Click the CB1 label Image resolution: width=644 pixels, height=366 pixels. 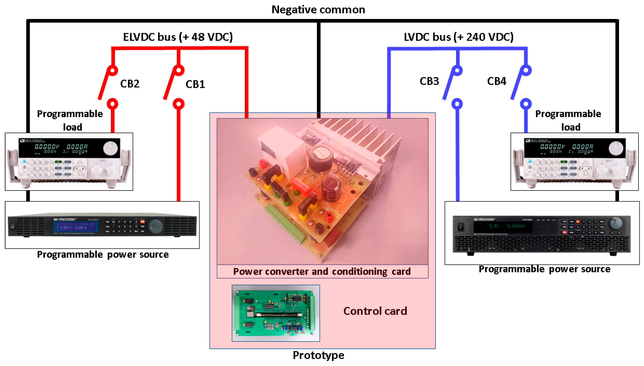click(x=195, y=84)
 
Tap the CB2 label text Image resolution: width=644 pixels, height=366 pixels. click(x=130, y=84)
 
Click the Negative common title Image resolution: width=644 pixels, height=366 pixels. click(x=318, y=9)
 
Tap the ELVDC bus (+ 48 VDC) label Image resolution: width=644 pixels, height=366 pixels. click(x=178, y=37)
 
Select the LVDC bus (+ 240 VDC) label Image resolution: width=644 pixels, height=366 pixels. click(x=458, y=37)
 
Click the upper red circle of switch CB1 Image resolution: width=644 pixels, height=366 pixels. click(x=179, y=70)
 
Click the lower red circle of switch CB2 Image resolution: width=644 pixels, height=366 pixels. click(x=112, y=104)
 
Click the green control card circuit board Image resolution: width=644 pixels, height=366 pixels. click(x=275, y=313)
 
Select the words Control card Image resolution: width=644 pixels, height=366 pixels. click(x=375, y=311)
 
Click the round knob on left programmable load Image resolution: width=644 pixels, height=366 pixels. click(x=110, y=148)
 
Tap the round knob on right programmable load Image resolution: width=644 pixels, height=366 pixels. click(x=616, y=148)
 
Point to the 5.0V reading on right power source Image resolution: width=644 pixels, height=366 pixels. click(x=494, y=226)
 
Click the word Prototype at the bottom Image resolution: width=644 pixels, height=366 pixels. click(x=318, y=355)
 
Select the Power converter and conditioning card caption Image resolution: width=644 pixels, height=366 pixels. click(x=322, y=272)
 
